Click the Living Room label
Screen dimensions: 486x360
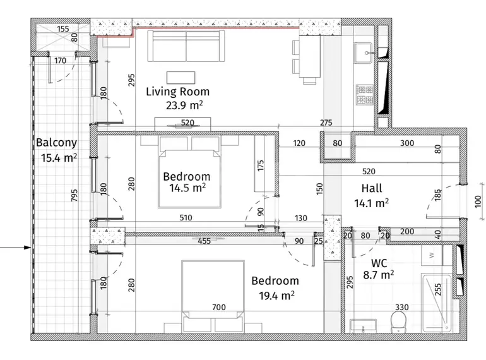point(177,92)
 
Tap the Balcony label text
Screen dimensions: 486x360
point(56,143)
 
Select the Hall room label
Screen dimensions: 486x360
point(372,188)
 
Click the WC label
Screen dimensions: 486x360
point(379,263)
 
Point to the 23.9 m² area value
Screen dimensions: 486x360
point(184,105)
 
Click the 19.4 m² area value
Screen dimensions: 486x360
point(276,295)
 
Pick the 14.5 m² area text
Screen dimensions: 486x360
point(187,188)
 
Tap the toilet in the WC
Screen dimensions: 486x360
point(398,323)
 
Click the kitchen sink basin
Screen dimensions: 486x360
point(364,52)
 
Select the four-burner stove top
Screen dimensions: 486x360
point(365,95)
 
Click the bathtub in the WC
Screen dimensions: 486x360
point(436,303)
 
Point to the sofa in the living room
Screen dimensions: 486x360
point(186,46)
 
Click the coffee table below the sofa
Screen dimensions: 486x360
point(181,78)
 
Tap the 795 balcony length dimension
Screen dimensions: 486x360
point(74,195)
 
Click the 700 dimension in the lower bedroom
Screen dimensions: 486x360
point(219,307)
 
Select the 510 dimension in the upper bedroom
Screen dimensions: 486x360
point(186,218)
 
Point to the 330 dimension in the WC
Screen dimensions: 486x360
point(401,307)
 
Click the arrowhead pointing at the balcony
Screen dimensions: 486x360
point(28,248)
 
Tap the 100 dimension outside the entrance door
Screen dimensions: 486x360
point(478,201)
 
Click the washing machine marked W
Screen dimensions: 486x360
point(432,256)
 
